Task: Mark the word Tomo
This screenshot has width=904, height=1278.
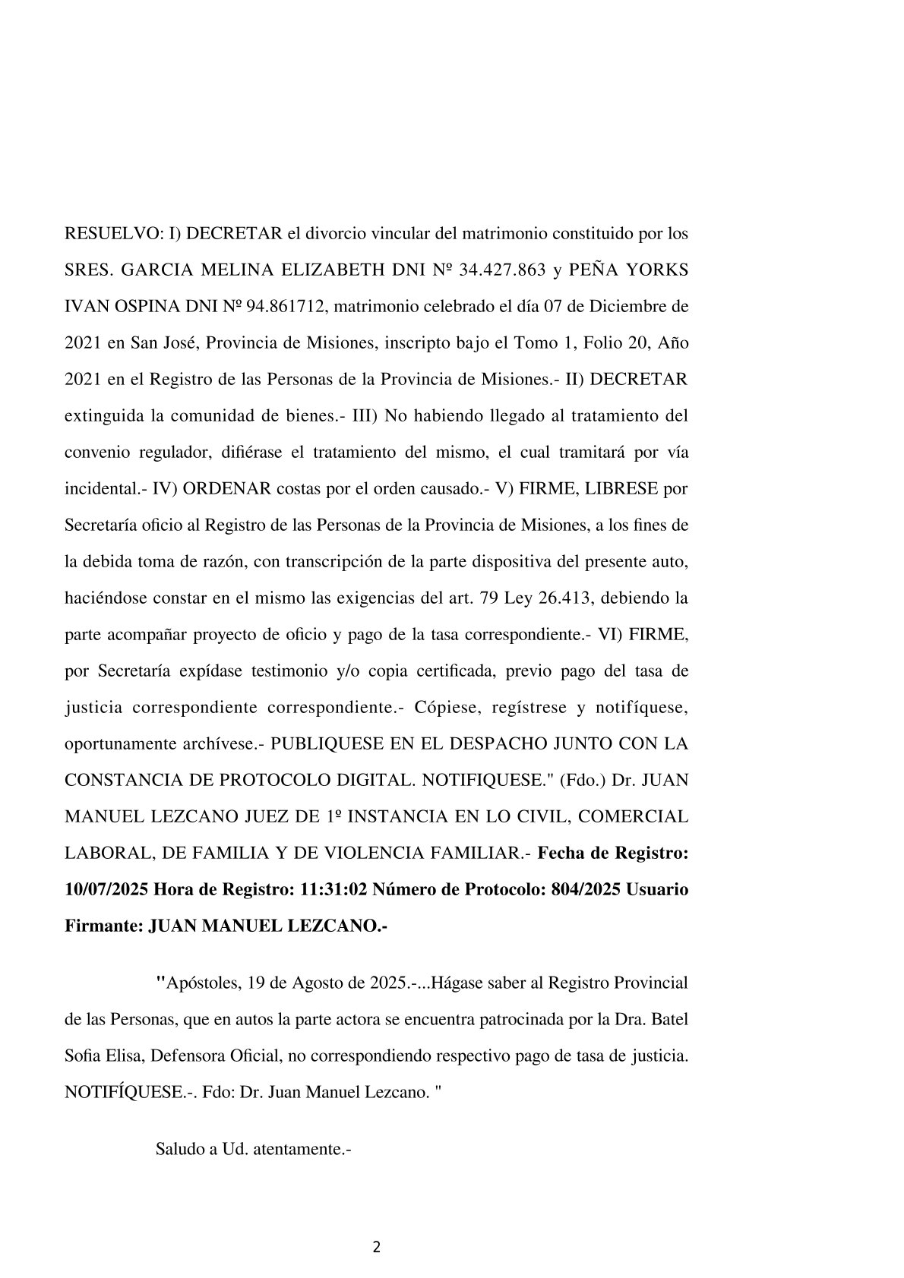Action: tap(533, 343)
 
